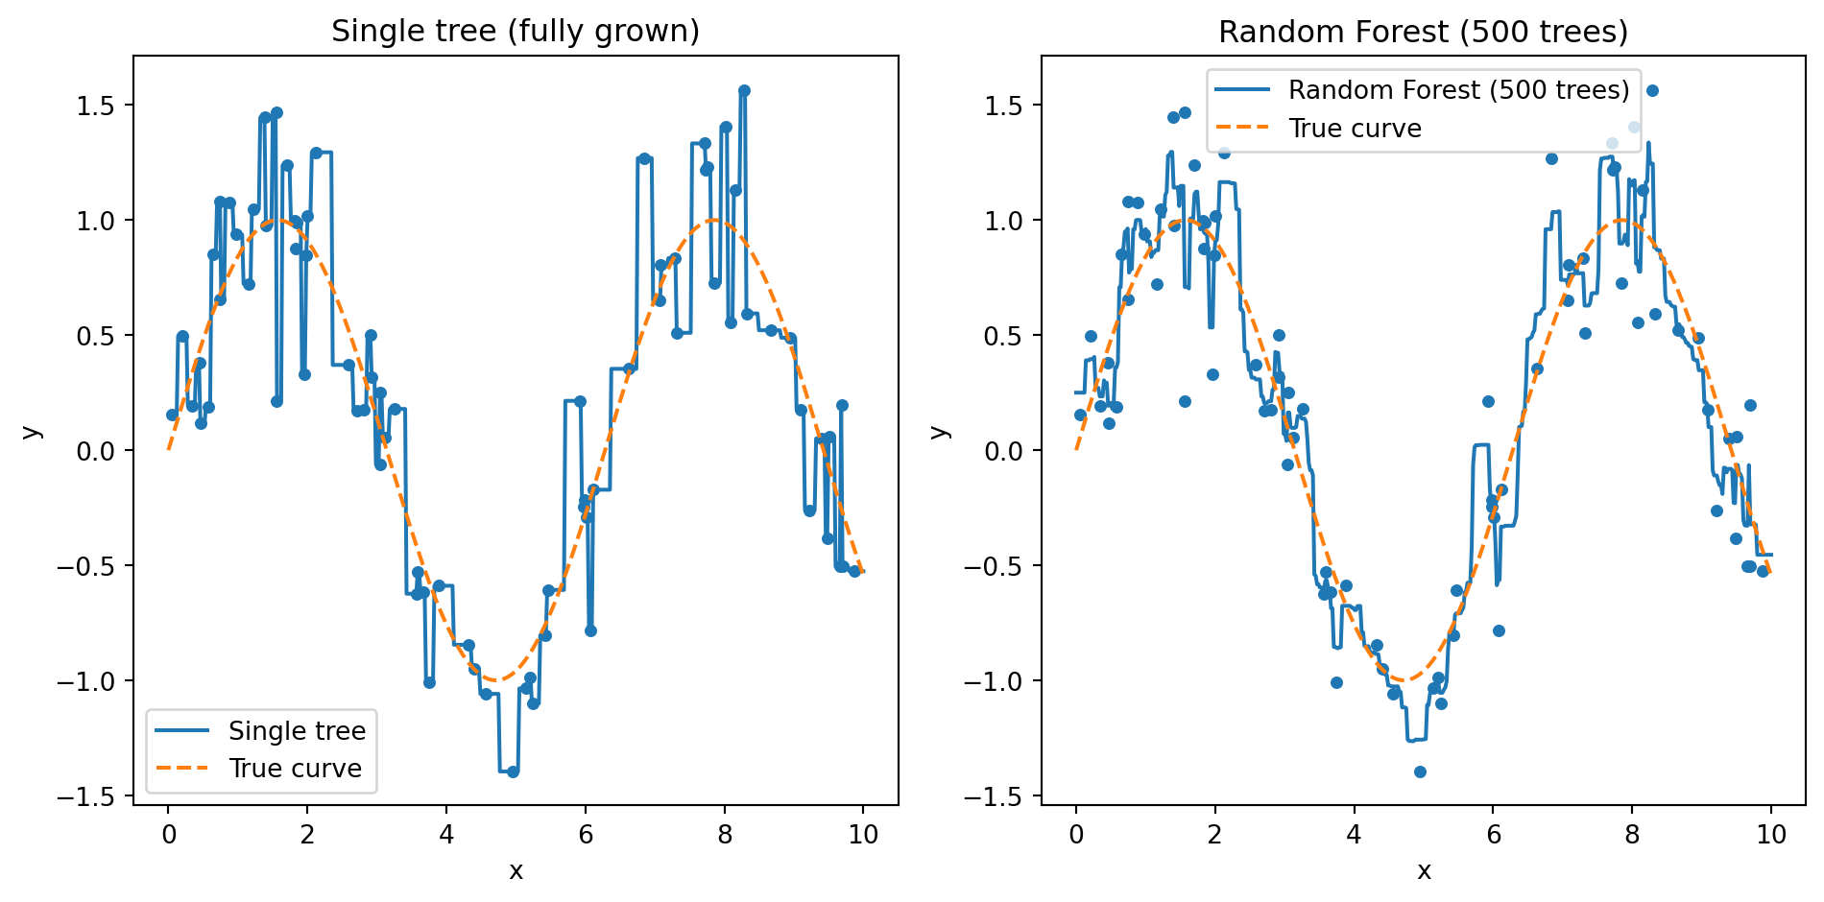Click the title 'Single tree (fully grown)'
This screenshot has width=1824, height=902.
pos(516,32)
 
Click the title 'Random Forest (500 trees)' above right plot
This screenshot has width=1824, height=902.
pos(1424,32)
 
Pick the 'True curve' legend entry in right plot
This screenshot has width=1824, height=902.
pos(1355,129)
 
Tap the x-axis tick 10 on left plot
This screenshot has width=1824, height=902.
pos(863,835)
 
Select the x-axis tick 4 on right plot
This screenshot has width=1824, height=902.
pos(1354,835)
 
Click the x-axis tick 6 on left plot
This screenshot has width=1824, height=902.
pos(586,835)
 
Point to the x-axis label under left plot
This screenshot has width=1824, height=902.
pos(516,870)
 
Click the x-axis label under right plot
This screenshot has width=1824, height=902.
pos(1424,870)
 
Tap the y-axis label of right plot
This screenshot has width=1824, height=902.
pos(941,431)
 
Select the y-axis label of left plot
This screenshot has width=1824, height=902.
pos(33,431)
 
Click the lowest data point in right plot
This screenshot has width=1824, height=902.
pos(1420,771)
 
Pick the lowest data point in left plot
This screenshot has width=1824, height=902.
pos(513,771)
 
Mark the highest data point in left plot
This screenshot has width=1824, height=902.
pos(744,91)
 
